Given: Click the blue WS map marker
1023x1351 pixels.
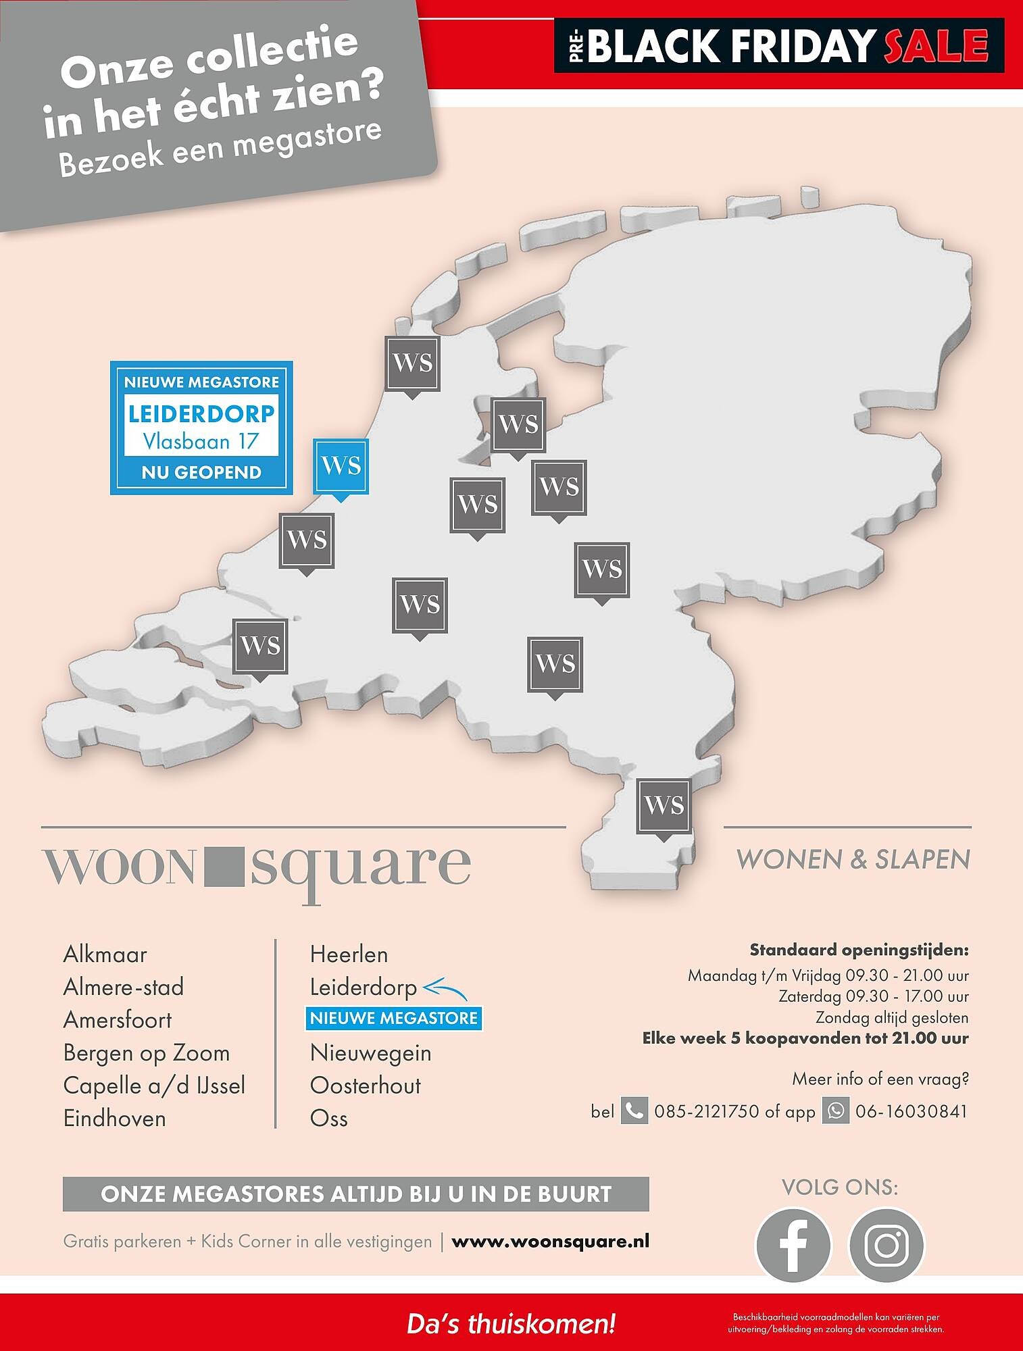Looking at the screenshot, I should point(341,466).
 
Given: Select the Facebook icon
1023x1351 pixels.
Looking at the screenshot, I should point(793,1244).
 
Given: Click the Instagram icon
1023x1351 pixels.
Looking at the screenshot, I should point(886,1244).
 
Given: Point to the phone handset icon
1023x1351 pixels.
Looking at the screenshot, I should point(634,1111).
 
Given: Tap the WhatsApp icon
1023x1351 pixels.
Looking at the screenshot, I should point(835,1111).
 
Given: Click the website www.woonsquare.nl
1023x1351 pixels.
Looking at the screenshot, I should point(550,1241).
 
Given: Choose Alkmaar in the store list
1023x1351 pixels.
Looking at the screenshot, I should point(105,954).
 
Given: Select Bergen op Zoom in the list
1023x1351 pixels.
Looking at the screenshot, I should point(146,1053).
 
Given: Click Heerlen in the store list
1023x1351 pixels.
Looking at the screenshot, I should point(349,954).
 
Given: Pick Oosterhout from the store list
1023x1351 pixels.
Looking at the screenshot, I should point(365,1086).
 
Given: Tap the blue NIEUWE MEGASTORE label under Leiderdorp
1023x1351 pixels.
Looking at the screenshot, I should point(394,1018).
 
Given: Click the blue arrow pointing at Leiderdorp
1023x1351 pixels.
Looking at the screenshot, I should point(445,990).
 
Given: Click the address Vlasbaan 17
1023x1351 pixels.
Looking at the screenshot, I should point(201,441).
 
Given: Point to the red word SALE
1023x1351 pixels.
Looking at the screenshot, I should point(936,46).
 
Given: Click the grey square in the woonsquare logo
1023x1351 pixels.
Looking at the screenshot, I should point(222,867).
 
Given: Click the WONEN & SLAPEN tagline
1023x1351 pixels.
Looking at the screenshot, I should point(853,859).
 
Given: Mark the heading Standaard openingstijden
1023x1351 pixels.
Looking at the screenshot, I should point(859,950).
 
